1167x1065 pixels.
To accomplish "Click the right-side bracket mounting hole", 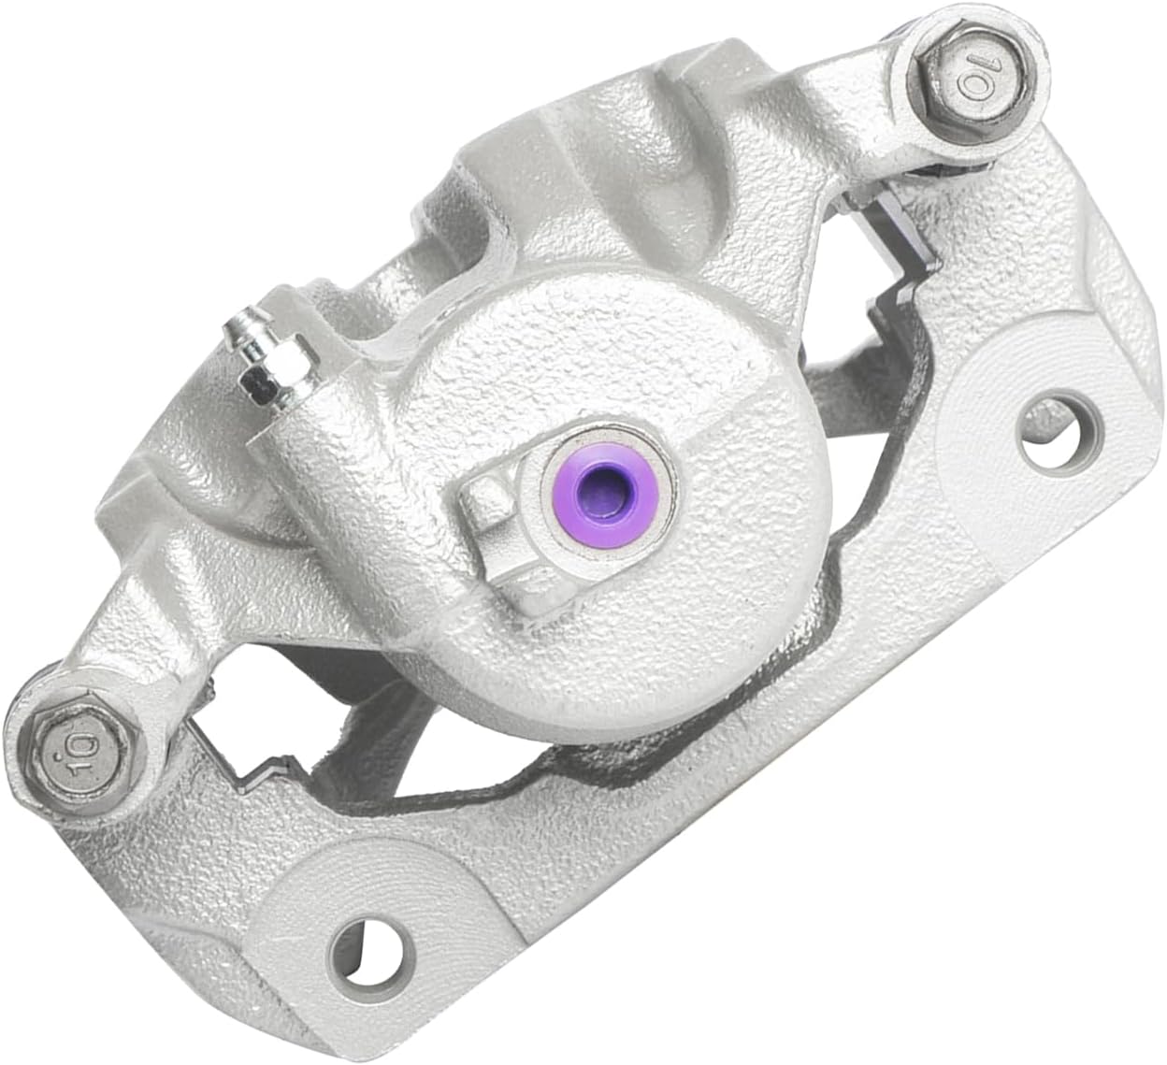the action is pyautogui.click(x=1060, y=434).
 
